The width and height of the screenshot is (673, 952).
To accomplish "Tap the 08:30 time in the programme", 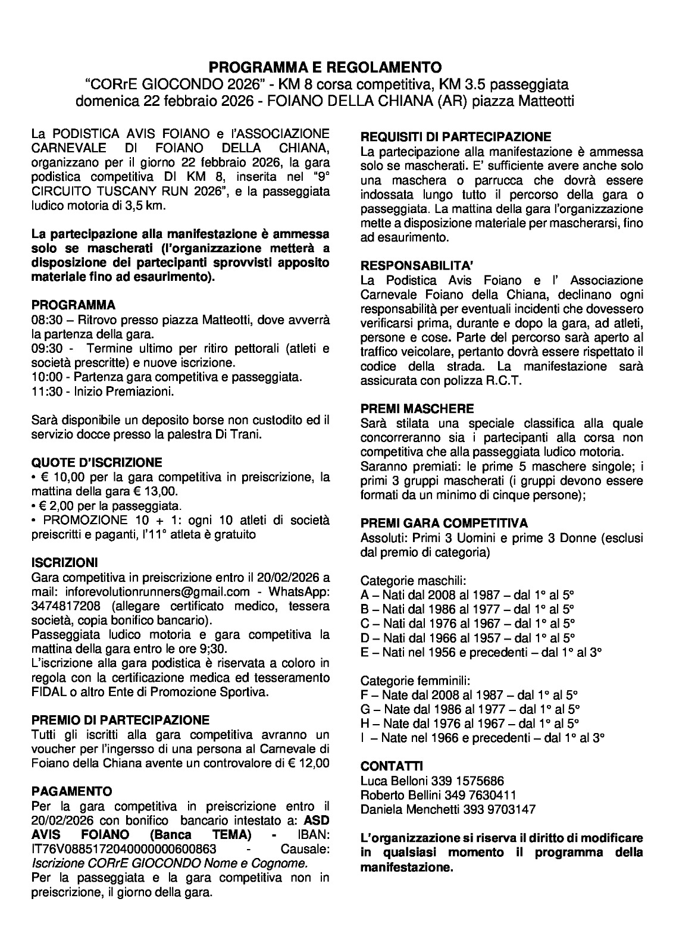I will [x=45, y=320].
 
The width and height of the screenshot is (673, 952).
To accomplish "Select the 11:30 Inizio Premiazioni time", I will [x=45, y=392].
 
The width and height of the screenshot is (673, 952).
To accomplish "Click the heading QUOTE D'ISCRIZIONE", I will [x=96, y=462].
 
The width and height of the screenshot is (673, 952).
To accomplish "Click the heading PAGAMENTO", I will [x=71, y=791].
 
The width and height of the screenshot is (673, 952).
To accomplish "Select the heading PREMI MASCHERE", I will [x=417, y=409].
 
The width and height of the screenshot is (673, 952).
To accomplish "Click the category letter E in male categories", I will [x=365, y=652].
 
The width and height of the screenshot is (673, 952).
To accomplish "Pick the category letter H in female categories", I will [x=366, y=724].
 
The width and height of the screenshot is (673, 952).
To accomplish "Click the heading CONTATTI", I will [x=392, y=766].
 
